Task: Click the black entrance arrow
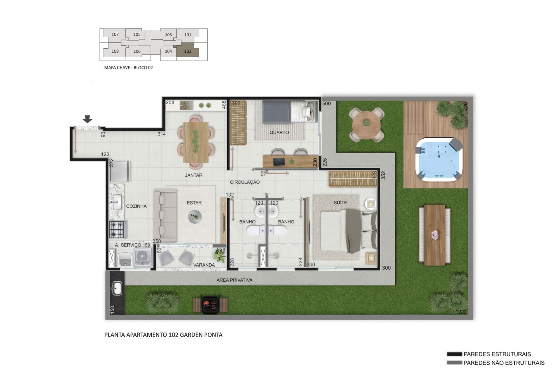click(x=87, y=119)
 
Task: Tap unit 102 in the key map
click(x=188, y=51)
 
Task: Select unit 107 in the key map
click(x=115, y=34)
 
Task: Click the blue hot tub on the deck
click(x=439, y=159)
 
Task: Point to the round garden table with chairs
click(x=367, y=124)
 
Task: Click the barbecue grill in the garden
click(x=210, y=304)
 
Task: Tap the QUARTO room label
click(x=279, y=132)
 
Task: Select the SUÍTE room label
click(x=340, y=203)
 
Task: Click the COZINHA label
click(x=136, y=206)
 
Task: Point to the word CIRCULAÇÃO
click(x=244, y=182)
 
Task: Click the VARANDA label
click(x=204, y=265)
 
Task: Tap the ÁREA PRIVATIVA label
click(x=234, y=280)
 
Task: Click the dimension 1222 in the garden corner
click(x=461, y=312)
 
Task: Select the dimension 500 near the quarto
click(x=326, y=103)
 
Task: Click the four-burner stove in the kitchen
click(x=117, y=229)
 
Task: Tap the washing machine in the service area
click(x=143, y=257)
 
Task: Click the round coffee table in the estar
click(x=195, y=217)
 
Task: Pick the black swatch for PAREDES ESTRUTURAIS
click(x=454, y=354)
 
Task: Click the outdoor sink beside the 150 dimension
click(x=117, y=288)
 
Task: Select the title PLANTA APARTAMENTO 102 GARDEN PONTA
click(x=163, y=335)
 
